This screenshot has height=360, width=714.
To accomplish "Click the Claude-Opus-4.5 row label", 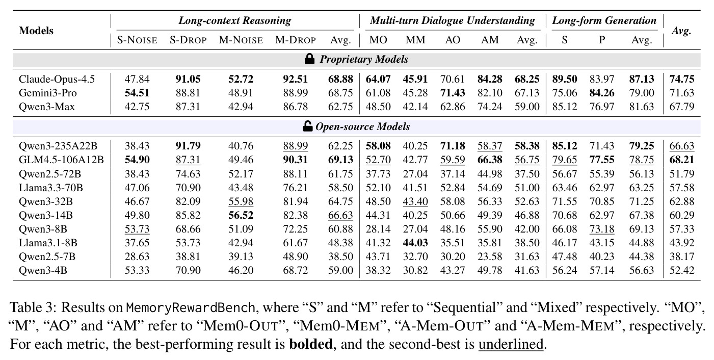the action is click(x=57, y=79).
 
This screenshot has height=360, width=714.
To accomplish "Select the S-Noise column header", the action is click(x=137, y=40).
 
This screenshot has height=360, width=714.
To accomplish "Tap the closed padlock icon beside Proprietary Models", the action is click(x=309, y=59).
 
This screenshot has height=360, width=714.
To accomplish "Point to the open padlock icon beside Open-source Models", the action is click(x=308, y=126).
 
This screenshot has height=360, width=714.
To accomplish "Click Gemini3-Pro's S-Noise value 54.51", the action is click(x=137, y=93).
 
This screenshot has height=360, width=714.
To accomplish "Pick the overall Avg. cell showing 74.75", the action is click(x=681, y=79).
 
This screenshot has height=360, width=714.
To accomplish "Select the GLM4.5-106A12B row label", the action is click(x=61, y=160).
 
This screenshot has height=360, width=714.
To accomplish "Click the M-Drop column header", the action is click(x=296, y=40).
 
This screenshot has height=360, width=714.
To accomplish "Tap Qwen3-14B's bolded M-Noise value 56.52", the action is click(x=241, y=215).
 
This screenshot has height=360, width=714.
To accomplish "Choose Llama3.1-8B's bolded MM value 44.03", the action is click(x=415, y=243).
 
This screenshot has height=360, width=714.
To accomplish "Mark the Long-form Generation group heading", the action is click(x=604, y=21).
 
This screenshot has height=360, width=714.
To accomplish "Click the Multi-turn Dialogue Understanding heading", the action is click(x=453, y=21).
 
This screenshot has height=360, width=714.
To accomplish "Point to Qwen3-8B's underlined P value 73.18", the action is click(x=602, y=229).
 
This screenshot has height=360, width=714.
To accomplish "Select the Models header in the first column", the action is click(x=36, y=31).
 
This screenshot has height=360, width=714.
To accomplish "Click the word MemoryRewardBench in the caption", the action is click(x=190, y=307).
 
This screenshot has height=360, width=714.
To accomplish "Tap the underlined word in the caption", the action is click(x=511, y=344).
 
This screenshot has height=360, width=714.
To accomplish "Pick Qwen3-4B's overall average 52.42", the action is click(x=681, y=270).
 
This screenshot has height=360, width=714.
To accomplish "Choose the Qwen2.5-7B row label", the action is click(x=47, y=256).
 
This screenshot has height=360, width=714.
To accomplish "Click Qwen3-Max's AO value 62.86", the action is click(x=453, y=107).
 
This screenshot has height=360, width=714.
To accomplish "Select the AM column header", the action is click(x=490, y=40).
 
